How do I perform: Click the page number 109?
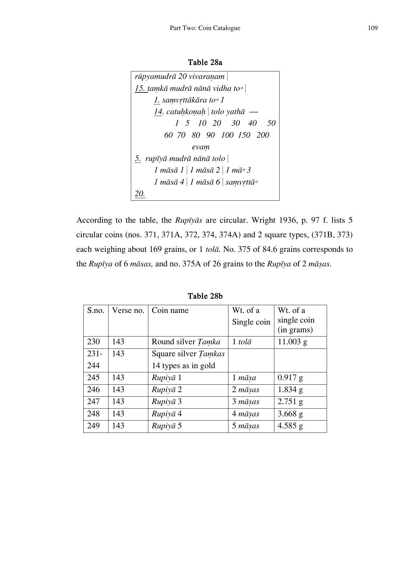pos(373,28)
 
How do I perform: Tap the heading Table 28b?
pos(205,296)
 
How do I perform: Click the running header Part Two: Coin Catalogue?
pos(205,28)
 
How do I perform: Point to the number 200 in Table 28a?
pos(263,135)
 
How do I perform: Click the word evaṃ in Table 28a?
pos(201,147)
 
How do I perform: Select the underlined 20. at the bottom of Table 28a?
pos(140,194)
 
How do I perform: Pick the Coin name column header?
pos(170,310)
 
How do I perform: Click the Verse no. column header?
pos(128,310)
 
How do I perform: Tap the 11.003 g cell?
pos(292,342)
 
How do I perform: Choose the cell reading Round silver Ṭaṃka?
pos(186,342)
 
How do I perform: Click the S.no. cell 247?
pos(93,401)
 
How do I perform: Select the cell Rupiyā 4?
pos(167,414)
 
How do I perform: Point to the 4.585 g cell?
pos(290,426)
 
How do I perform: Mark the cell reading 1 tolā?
pos(241,342)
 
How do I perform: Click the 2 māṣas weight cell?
pos(245,390)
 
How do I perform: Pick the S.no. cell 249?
pos(93,426)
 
